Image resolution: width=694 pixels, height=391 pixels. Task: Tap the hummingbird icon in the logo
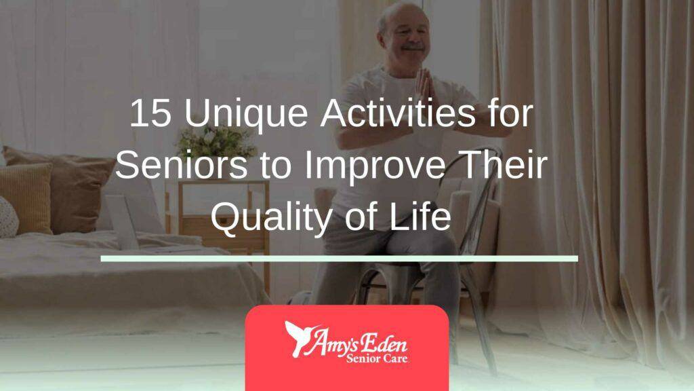click(x=298, y=337)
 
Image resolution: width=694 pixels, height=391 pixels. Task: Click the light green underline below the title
click(x=339, y=258)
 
